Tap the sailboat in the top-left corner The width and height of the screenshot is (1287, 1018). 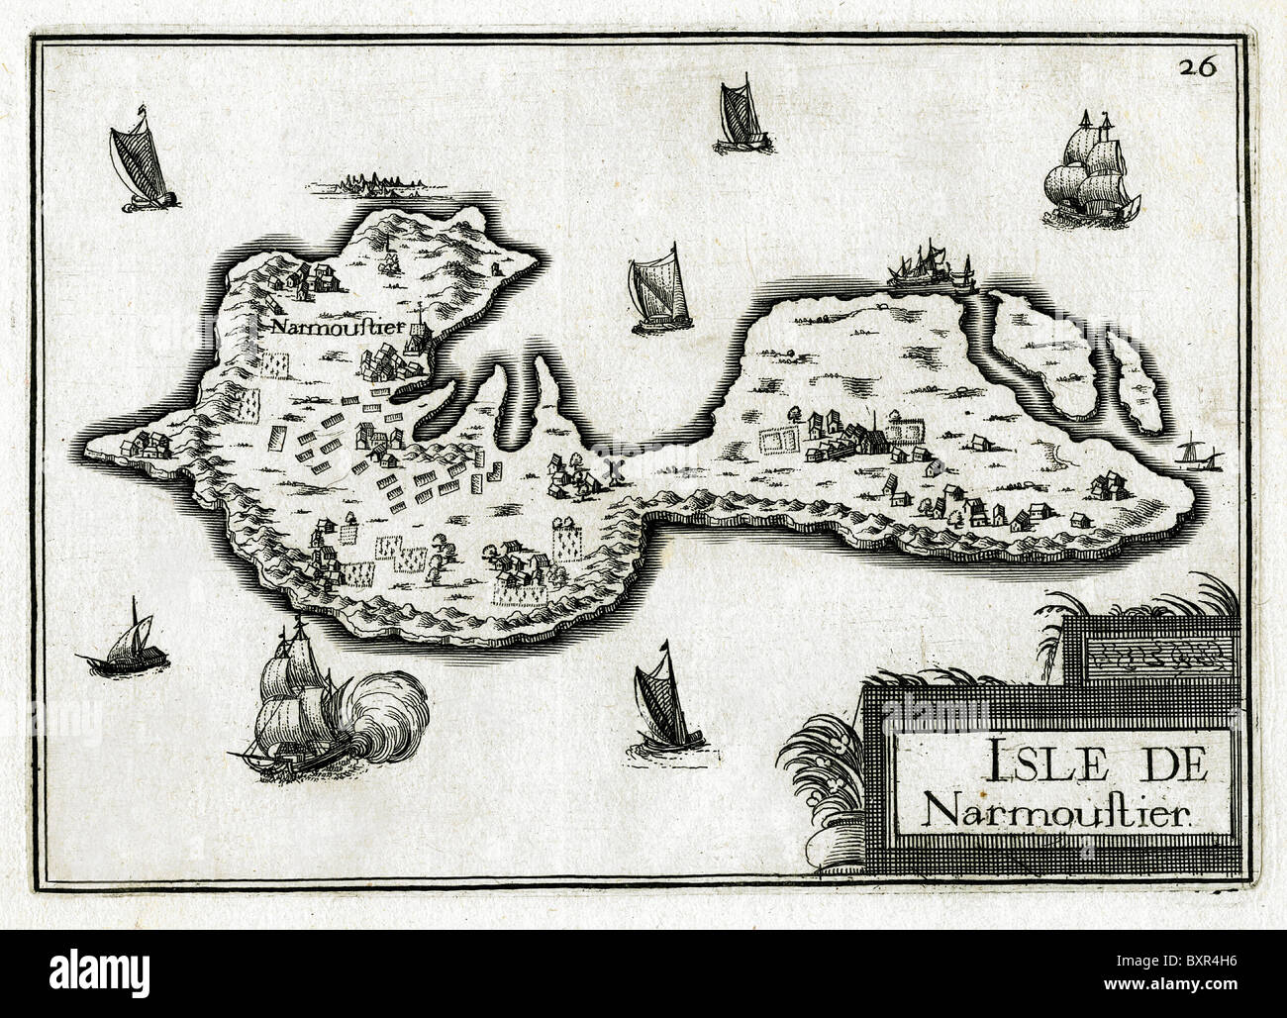coord(139,163)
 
